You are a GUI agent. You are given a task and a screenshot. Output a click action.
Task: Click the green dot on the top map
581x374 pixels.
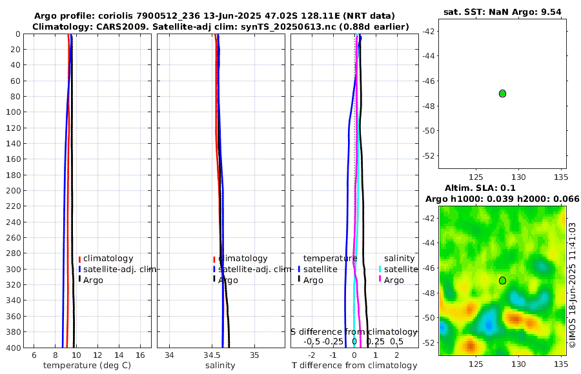click(x=502, y=93)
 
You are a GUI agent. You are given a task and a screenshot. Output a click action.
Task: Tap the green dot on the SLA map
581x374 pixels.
click(x=502, y=280)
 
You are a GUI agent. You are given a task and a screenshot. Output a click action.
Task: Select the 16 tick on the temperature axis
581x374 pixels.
click(x=140, y=355)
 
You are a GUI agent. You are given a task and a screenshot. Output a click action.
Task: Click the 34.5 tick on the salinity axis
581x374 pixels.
click(x=212, y=355)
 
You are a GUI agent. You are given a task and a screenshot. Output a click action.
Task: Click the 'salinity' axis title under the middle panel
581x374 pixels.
click(x=220, y=366)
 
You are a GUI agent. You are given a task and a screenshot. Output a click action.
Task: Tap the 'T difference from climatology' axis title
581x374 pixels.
click(x=355, y=366)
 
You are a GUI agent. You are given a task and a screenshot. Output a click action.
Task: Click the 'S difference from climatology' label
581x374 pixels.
click(x=354, y=331)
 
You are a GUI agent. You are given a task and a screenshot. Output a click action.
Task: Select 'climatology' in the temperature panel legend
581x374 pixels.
click(x=108, y=259)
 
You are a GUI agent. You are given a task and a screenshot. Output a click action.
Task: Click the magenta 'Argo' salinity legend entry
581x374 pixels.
click(x=393, y=280)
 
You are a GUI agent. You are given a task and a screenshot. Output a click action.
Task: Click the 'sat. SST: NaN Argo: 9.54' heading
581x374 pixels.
click(x=501, y=12)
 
